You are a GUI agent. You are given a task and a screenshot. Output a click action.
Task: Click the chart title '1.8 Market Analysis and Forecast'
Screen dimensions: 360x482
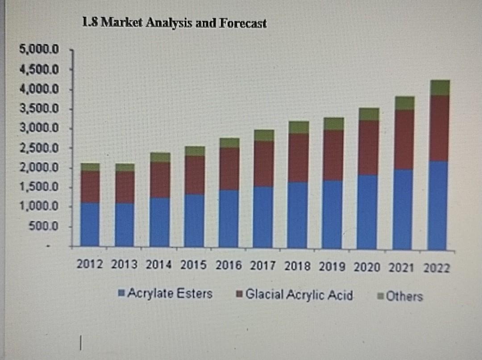[x=175, y=23]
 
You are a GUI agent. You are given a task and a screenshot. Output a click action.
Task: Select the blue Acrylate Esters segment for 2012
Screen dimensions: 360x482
[x=90, y=224]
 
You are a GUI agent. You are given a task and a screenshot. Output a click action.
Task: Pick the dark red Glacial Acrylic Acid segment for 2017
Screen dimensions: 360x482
[x=263, y=164]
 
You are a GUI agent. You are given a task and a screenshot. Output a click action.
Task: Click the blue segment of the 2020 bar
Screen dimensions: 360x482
[x=367, y=211]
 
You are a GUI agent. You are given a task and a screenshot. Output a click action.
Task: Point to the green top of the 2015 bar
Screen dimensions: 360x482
[x=195, y=151]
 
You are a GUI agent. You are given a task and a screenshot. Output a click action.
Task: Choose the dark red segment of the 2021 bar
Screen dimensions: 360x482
[x=403, y=140]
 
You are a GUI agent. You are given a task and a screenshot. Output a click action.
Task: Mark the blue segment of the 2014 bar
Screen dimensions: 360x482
[x=160, y=222]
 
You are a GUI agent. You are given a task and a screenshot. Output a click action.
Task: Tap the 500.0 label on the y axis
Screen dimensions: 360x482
[x=44, y=226]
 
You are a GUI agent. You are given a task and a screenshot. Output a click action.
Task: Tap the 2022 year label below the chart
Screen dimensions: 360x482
[x=437, y=269]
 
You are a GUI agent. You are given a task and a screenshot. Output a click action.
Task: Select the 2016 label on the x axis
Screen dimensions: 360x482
[x=229, y=266]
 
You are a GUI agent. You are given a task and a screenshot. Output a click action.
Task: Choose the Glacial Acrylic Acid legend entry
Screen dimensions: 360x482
[x=295, y=295]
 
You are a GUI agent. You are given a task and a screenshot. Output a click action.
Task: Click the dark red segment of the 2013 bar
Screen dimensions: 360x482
[x=125, y=187]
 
